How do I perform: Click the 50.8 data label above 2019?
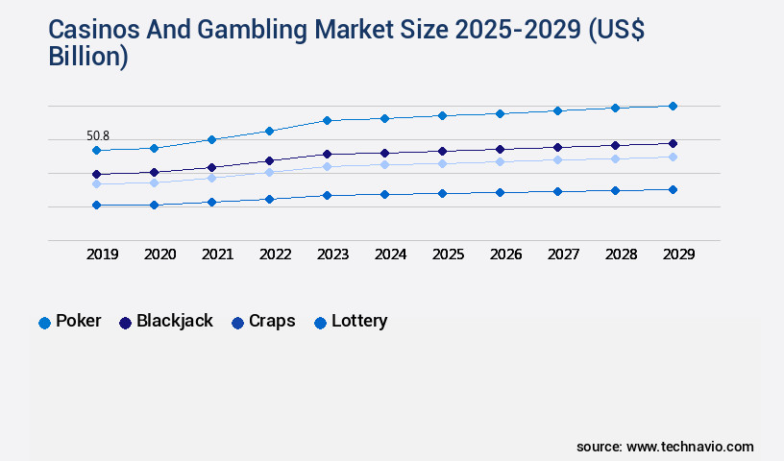(x=98, y=136)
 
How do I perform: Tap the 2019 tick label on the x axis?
(x=102, y=255)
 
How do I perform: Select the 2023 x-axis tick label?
(x=332, y=255)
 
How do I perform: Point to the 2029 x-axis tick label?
(x=678, y=255)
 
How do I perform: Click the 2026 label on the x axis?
(x=505, y=255)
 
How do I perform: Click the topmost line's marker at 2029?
(x=673, y=106)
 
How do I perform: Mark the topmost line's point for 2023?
(x=327, y=120)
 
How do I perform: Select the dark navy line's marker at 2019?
(x=96, y=175)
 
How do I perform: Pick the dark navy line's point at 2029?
(x=673, y=143)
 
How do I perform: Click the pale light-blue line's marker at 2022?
(x=269, y=172)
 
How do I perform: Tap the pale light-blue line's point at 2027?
(x=557, y=159)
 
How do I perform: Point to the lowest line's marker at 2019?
(x=96, y=205)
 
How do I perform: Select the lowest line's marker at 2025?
(x=442, y=193)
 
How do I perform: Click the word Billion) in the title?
(x=87, y=57)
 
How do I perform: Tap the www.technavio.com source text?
(x=689, y=447)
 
